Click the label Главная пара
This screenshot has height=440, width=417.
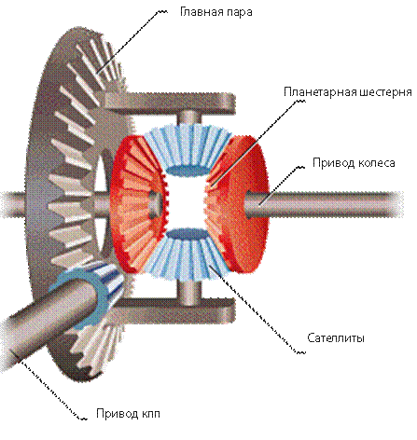coord(216,12)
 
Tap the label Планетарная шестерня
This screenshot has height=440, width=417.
coord(348,92)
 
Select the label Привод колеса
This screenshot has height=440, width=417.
coord(354,163)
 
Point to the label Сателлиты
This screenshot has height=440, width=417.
coord(336,337)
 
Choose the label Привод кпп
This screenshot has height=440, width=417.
coord(128,414)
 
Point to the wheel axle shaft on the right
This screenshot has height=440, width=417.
coord(324,205)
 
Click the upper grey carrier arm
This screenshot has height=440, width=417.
coord(170,101)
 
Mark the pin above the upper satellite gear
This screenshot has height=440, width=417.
coord(188,119)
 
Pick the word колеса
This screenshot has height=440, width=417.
coord(376,163)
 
